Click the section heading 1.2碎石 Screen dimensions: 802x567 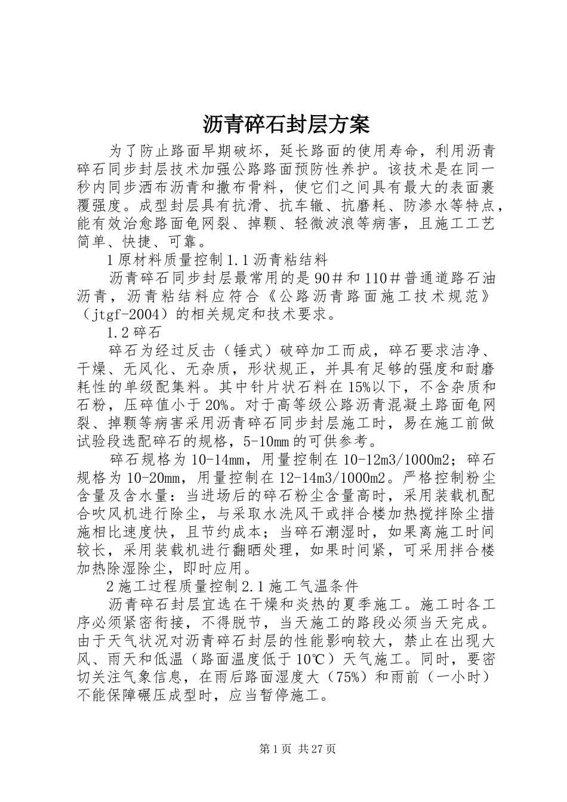132,332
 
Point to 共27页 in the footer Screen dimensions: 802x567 313,748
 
